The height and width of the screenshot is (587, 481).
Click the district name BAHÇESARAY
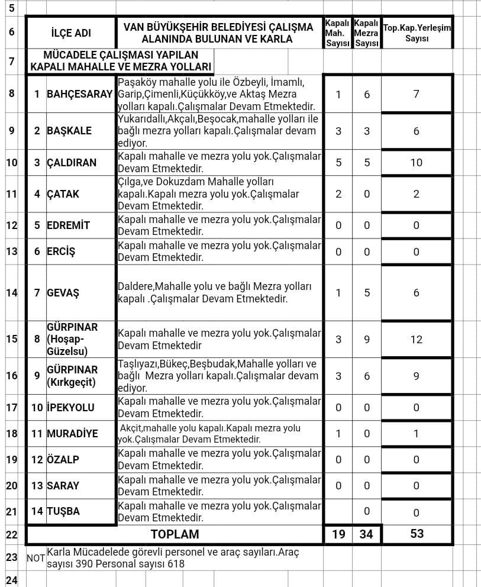click(x=79, y=94)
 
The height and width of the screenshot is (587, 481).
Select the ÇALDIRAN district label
click(x=72, y=163)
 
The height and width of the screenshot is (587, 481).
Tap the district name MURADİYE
click(x=72, y=434)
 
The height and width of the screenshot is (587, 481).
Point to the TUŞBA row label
click(x=63, y=511)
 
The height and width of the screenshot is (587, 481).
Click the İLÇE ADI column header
click(x=71, y=33)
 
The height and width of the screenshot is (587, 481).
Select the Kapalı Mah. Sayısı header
click(x=338, y=33)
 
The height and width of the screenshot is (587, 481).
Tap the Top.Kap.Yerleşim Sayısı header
click(x=417, y=33)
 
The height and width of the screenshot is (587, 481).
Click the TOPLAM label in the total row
click(x=175, y=534)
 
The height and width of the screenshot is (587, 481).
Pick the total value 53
click(x=417, y=534)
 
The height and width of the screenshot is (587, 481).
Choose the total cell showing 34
click(x=367, y=534)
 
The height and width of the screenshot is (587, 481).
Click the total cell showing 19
click(x=338, y=534)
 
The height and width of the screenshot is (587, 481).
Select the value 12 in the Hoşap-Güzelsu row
click(x=417, y=340)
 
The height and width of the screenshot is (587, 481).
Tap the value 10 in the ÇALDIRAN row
click(x=417, y=163)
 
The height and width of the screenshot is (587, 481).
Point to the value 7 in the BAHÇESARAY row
click(x=417, y=94)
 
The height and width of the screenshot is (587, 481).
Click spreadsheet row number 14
click(x=12, y=292)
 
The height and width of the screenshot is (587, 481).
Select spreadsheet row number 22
click(x=12, y=534)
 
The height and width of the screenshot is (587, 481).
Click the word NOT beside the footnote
click(x=36, y=558)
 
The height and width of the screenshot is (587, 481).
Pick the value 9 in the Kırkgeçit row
click(x=417, y=376)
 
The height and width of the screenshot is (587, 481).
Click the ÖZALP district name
click(x=63, y=460)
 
